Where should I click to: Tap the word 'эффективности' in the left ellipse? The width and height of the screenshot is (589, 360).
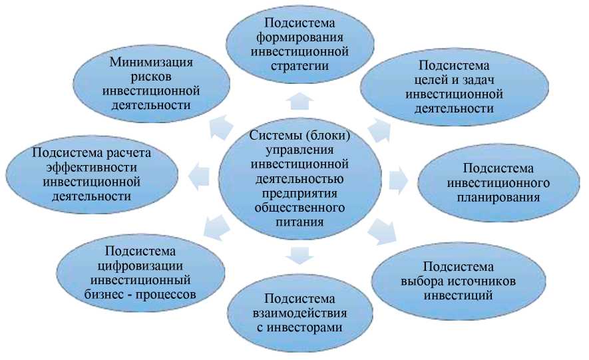coord(91,167)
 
